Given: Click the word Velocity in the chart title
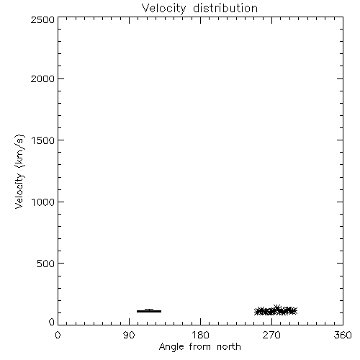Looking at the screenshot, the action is point(163,9).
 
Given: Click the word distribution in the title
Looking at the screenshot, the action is point(225,8).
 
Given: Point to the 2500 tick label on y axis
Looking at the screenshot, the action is point(42,19).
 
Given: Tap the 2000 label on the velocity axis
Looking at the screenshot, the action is point(42,78).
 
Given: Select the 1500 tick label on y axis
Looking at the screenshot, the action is point(43,140).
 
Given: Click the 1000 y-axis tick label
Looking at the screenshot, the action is point(43,202).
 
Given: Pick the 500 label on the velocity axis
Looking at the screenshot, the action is point(46,264).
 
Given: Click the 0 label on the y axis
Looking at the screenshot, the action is point(52,322).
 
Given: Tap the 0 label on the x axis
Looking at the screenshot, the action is point(58,335).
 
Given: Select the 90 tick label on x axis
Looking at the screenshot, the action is point(129,335).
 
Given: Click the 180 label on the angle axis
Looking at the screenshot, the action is point(200,335).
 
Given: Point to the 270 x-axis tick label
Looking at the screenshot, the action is point(271,335).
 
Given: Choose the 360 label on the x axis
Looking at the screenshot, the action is point(343,335).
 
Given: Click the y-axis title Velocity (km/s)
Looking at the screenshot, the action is point(19,171).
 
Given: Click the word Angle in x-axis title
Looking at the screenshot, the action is point(172,347).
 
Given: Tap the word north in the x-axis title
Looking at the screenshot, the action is point(229,346).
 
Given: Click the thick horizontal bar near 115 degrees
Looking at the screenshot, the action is point(149,311).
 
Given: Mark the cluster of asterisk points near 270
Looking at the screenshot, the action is point(276,311).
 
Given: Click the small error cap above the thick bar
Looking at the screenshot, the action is point(149,309).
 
